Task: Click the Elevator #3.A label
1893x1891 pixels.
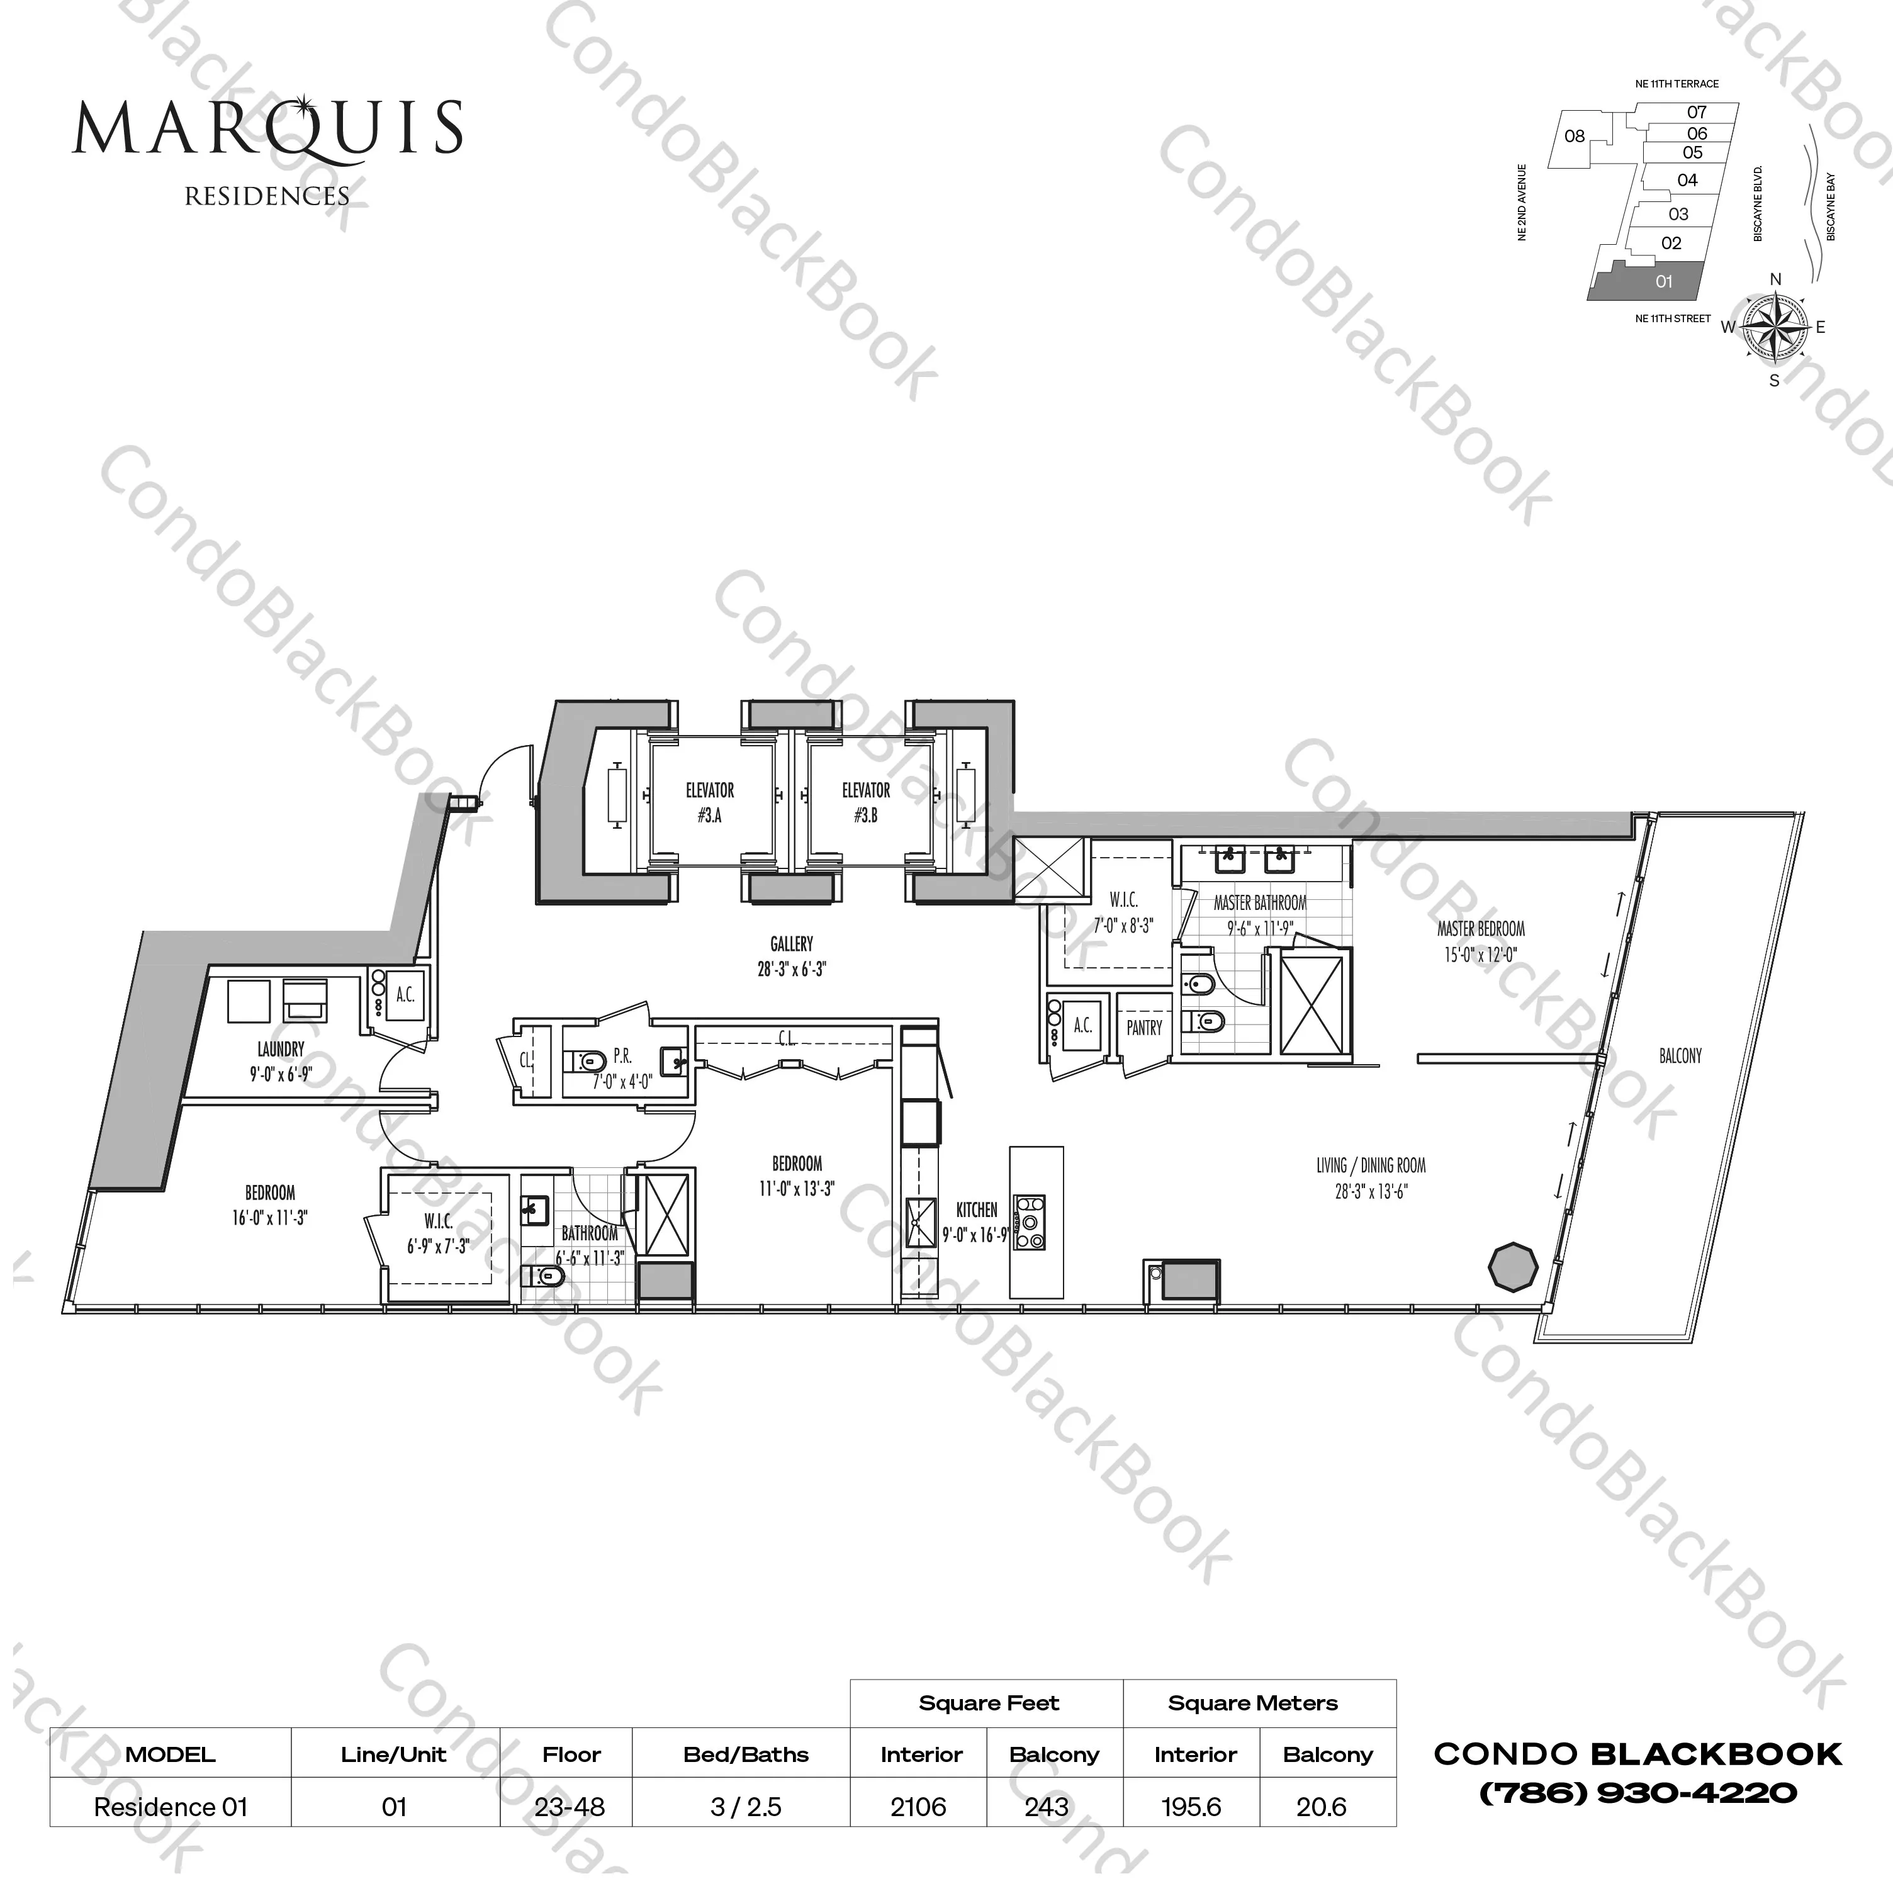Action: tap(709, 802)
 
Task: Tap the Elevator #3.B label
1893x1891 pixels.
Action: tap(865, 802)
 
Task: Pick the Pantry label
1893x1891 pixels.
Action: tap(1143, 1028)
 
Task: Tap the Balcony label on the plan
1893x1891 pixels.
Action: tap(1680, 1056)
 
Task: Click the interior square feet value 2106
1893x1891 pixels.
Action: tap(918, 1807)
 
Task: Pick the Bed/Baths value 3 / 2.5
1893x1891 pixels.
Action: tap(746, 1807)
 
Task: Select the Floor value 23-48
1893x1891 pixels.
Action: tap(570, 1807)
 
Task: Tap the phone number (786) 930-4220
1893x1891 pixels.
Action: tap(1637, 1793)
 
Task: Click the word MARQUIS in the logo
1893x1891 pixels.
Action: tap(267, 128)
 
